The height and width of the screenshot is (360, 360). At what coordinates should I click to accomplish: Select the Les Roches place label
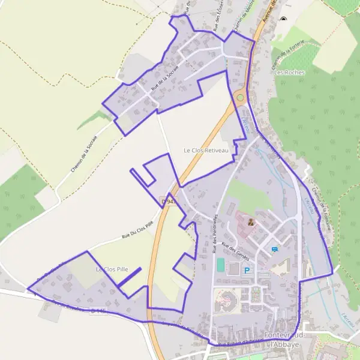click(289, 73)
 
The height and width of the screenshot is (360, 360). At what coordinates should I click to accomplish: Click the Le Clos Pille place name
click(109, 270)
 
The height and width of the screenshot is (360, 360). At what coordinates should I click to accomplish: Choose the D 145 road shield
click(100, 311)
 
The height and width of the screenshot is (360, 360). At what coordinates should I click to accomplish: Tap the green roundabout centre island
click(241, 98)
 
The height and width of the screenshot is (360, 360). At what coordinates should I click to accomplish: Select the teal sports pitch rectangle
click(220, 264)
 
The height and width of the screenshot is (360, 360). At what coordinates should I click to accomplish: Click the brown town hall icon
click(250, 222)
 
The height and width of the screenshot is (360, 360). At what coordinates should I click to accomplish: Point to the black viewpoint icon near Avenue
click(283, 19)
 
